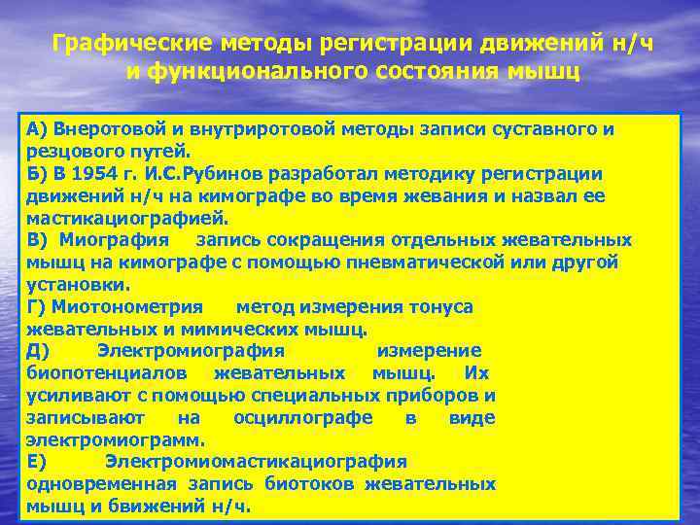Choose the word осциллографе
click(302, 418)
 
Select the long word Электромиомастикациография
click(256, 462)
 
